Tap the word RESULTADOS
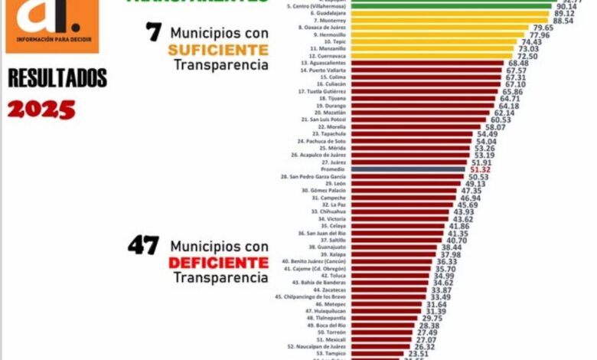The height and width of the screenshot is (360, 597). click(57, 78)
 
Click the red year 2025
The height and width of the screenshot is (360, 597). click(41, 109)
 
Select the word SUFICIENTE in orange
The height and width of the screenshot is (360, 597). click(220, 49)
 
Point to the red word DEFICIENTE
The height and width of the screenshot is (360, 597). click(220, 263)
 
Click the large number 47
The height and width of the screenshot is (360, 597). click(143, 246)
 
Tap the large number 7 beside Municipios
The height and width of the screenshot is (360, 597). click(153, 32)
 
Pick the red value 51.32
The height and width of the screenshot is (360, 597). click(480, 169)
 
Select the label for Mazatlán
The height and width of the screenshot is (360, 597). click(320, 112)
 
